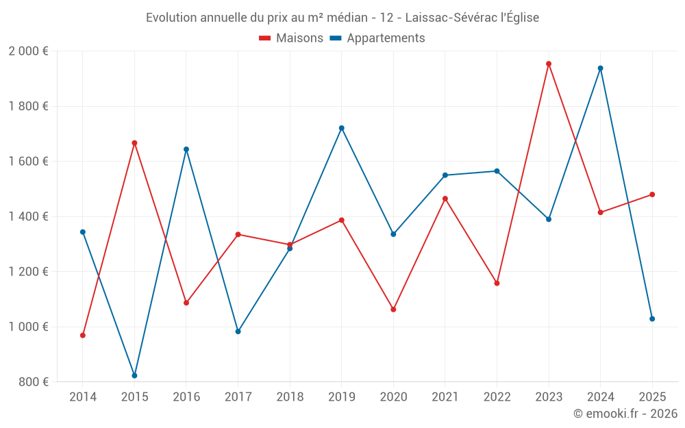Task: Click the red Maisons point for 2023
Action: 549,64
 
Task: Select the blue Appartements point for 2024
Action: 600,68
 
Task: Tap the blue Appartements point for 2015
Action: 134,375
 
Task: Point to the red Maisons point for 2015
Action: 134,143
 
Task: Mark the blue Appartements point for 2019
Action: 342,128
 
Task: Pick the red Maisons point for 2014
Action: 83,336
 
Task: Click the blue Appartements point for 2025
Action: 652,318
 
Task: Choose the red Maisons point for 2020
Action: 393,310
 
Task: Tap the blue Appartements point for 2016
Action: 186,149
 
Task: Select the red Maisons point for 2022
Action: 497,283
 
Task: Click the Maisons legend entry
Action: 291,38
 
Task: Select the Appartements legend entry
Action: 377,38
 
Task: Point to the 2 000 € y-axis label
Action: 28,51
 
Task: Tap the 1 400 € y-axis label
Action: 28,216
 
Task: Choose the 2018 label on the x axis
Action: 290,396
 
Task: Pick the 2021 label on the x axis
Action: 445,396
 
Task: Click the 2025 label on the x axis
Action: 652,396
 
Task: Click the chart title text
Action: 342,18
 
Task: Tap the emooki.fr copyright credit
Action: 625,414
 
